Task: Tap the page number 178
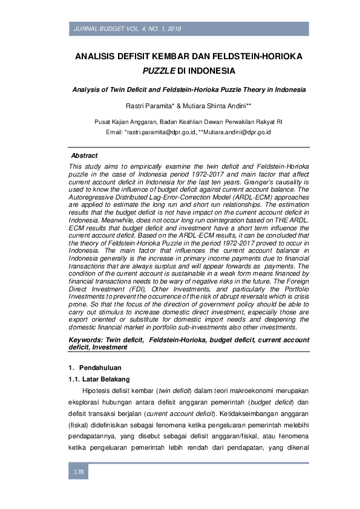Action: point(79,472)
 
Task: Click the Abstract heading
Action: point(84,155)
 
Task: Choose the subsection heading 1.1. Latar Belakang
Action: point(99,379)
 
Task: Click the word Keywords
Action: point(86,340)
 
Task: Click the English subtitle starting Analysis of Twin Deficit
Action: point(189,89)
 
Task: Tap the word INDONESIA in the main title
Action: point(213,70)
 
